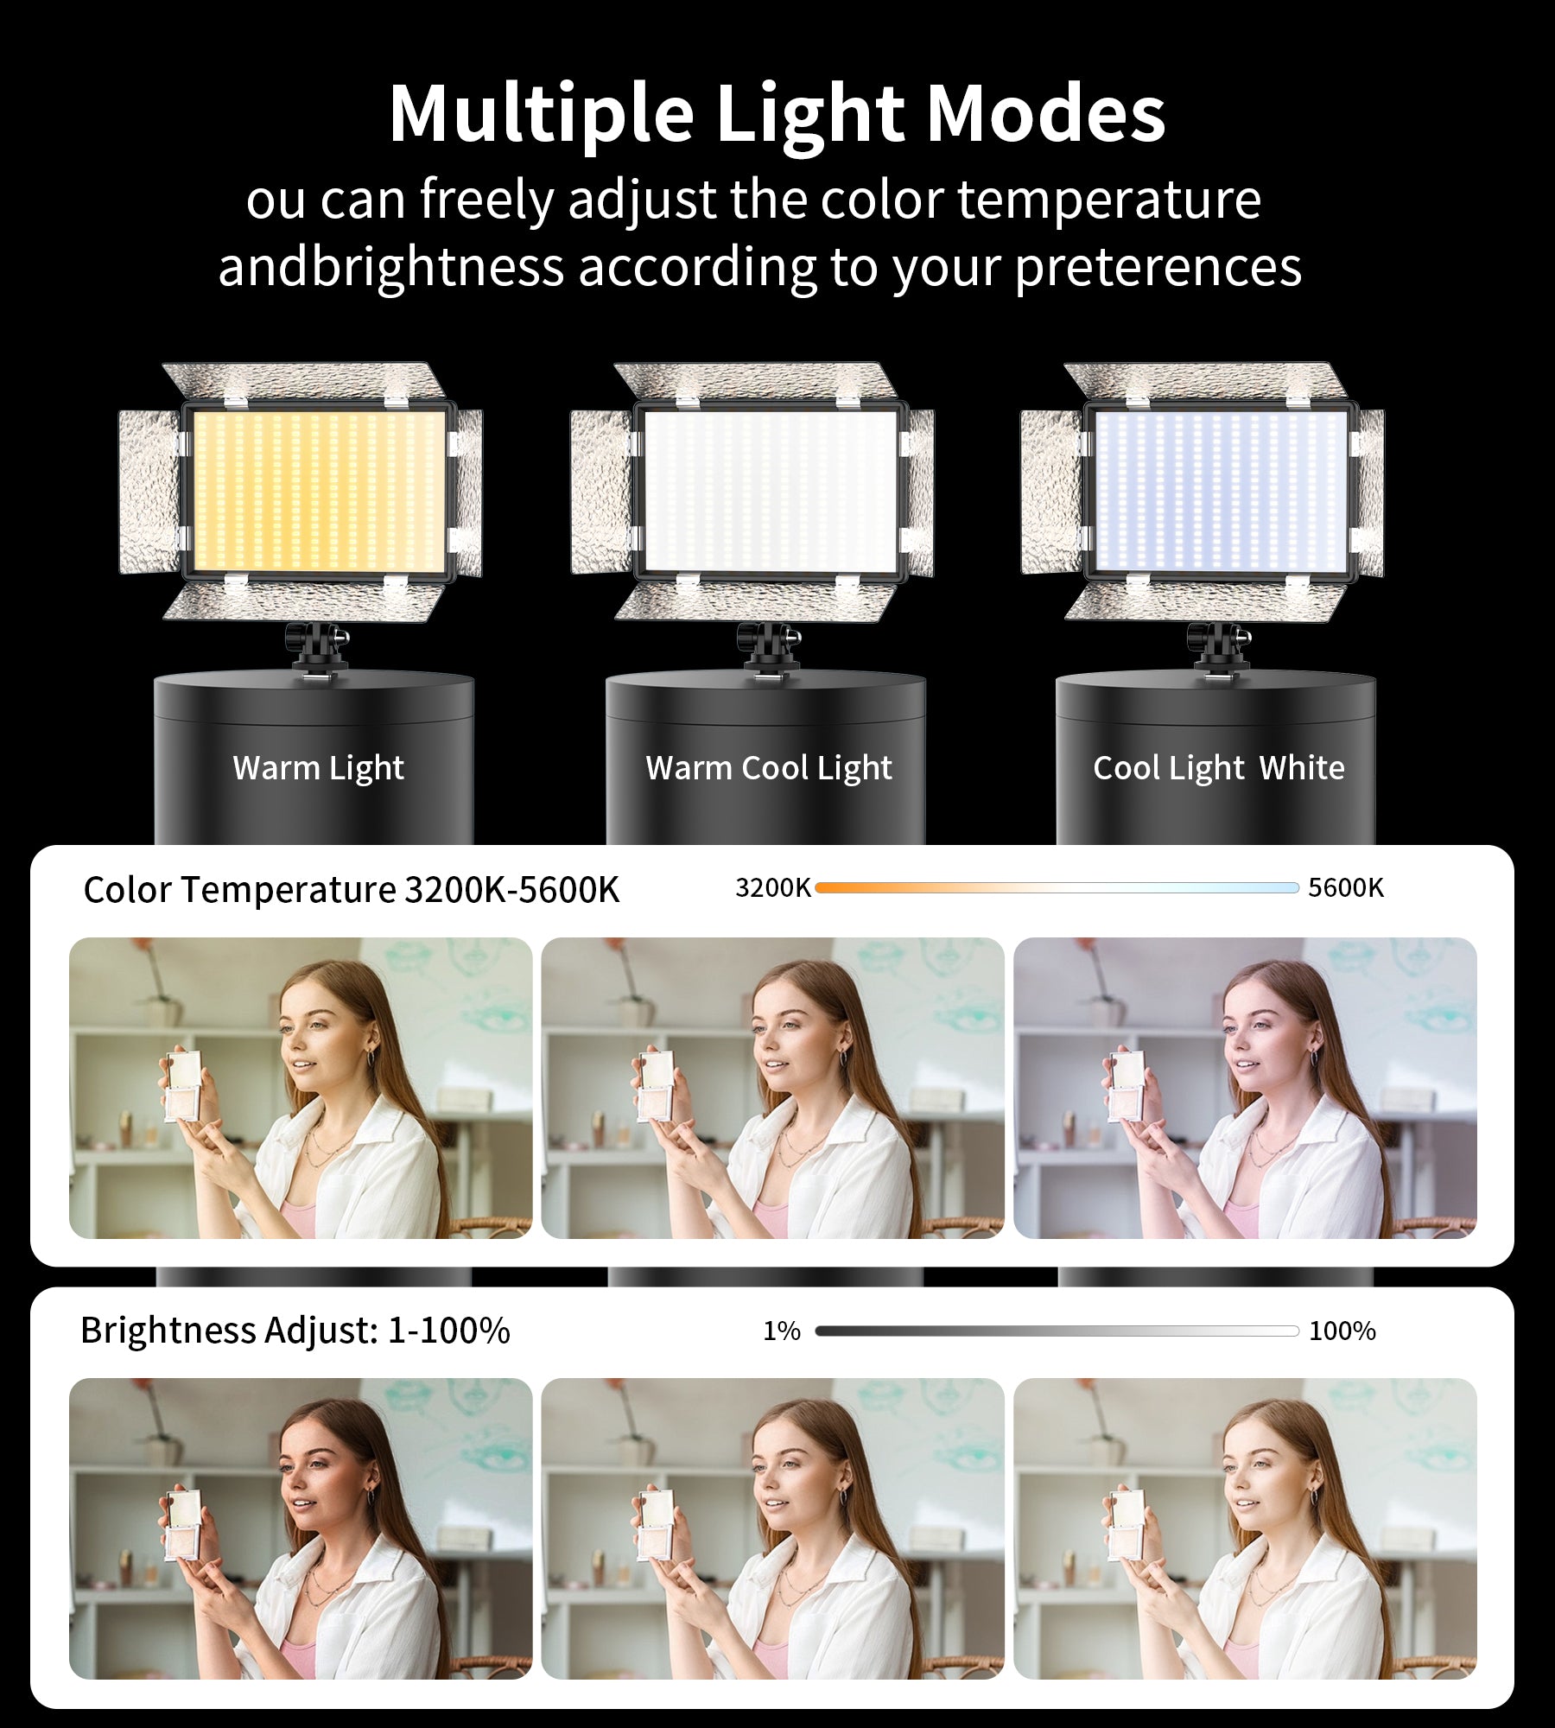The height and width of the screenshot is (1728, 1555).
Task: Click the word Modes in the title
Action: (x=1045, y=113)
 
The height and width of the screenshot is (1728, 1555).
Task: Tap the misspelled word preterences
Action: (x=1158, y=268)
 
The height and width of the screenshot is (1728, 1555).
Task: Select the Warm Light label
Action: (x=318, y=768)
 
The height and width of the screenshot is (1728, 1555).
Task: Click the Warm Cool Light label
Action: (x=769, y=768)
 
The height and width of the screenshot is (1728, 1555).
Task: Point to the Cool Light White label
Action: (x=1219, y=768)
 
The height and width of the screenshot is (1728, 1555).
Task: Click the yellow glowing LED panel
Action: (x=319, y=491)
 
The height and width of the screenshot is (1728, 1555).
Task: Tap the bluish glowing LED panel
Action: (x=1221, y=491)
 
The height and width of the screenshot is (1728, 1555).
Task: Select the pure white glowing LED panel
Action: (x=771, y=491)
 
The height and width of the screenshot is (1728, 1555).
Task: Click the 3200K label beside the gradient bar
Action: (x=773, y=887)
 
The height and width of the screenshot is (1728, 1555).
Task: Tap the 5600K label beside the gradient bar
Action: (x=1346, y=887)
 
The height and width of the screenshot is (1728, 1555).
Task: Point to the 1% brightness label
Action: (x=782, y=1331)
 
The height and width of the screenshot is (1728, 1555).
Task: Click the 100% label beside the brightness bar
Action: (x=1342, y=1331)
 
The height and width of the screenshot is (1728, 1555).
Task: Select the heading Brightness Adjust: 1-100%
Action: (x=295, y=1331)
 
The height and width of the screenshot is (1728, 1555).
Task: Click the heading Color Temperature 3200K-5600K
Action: (x=352, y=890)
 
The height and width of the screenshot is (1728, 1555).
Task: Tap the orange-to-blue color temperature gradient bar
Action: (x=1057, y=887)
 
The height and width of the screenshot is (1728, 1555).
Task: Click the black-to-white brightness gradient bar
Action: (x=1057, y=1331)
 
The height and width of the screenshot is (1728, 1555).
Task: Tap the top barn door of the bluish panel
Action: (x=1206, y=381)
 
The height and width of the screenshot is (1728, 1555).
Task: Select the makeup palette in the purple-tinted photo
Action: (x=1127, y=1086)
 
